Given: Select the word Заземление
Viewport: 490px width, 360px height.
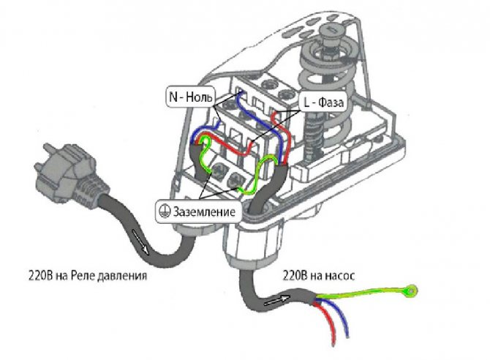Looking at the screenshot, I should [x=205, y=212].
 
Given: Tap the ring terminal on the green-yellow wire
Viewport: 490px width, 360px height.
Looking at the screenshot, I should [x=414, y=291].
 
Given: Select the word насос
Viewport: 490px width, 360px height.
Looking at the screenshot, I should [x=339, y=277].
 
